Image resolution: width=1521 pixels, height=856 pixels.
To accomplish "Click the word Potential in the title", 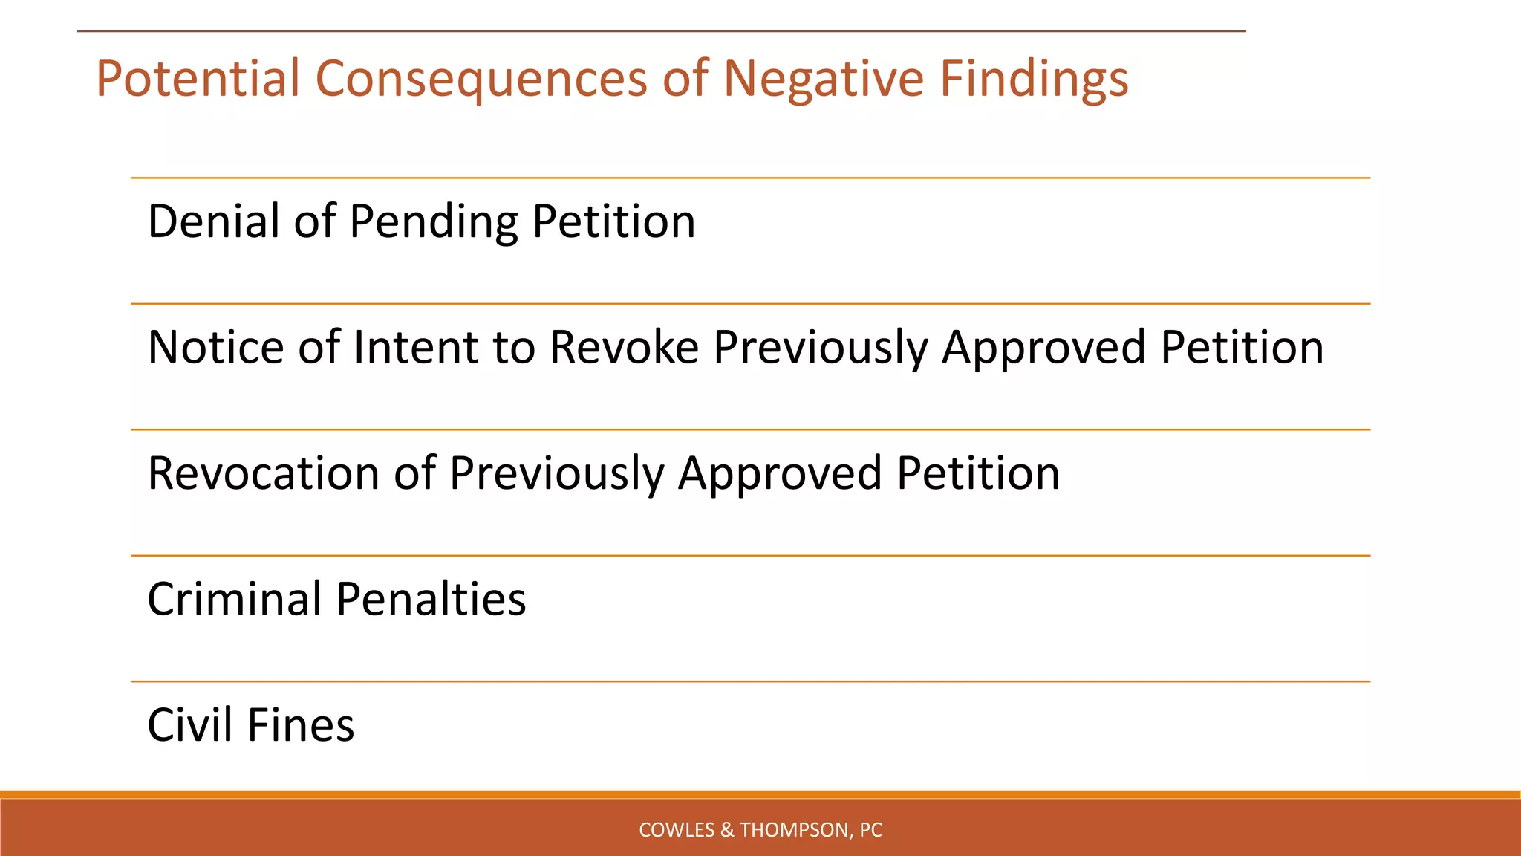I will click(x=198, y=79).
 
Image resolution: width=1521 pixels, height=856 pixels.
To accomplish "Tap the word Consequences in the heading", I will click(x=481, y=79).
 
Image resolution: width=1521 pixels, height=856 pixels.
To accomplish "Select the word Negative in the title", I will click(x=823, y=79).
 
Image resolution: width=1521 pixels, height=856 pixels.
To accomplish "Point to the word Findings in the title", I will click(x=1034, y=79).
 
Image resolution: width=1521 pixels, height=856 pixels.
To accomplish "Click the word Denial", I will click(x=213, y=221).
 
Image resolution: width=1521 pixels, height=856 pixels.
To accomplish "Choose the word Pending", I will click(x=433, y=221).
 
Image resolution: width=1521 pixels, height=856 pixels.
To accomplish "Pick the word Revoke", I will click(x=624, y=347).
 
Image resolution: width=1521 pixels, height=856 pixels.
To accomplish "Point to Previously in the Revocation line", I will click(x=556, y=473).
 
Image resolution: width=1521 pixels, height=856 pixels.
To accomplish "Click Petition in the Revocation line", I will click(x=978, y=473).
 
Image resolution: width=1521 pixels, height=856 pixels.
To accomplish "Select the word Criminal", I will click(x=233, y=599).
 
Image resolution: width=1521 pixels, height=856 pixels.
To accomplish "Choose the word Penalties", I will click(x=431, y=599).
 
